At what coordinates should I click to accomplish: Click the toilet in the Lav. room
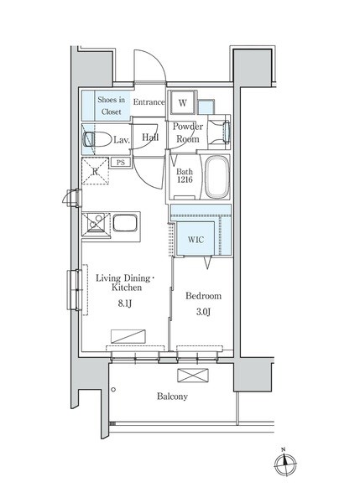97,139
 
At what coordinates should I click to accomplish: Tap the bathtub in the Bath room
217,177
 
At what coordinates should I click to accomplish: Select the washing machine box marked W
182,102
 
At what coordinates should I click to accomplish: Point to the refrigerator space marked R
95,171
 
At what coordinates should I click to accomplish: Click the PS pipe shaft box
121,163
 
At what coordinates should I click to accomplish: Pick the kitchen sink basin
125,223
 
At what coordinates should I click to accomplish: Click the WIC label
196,240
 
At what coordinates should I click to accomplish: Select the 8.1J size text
124,303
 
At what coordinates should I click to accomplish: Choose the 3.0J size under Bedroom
203,312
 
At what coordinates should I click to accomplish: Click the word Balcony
172,397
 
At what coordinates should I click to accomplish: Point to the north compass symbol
285,464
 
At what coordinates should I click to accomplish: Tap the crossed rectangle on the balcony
193,376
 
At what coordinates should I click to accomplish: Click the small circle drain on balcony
113,390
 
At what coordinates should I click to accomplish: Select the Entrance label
149,102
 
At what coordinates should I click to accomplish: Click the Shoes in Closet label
111,106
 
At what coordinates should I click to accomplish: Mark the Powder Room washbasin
219,132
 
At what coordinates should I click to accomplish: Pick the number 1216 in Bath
185,180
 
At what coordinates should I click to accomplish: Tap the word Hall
150,137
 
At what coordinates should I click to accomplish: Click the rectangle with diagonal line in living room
128,336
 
